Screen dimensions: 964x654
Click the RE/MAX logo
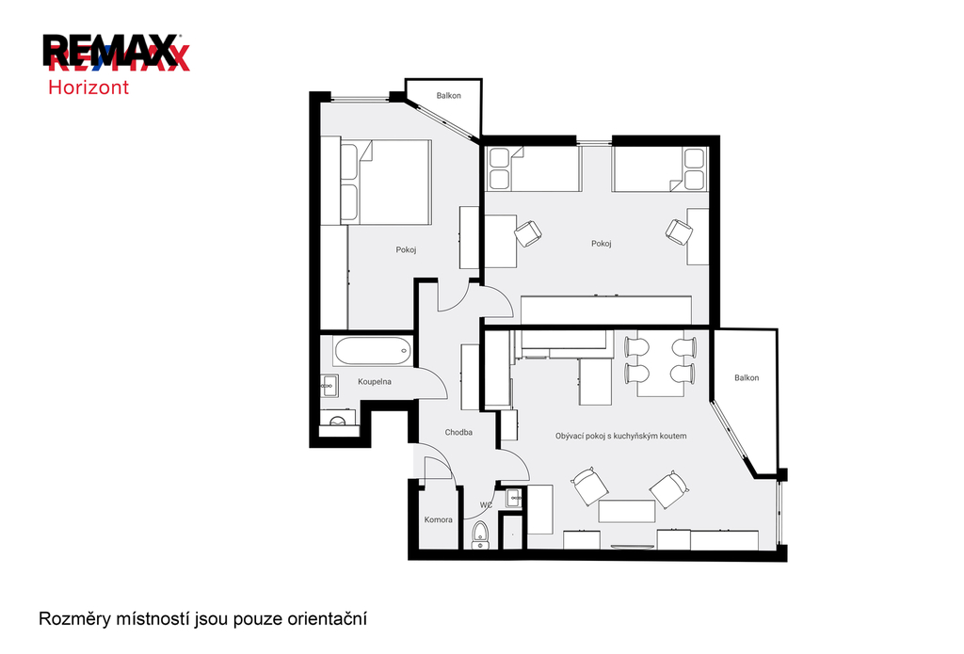[x=116, y=52]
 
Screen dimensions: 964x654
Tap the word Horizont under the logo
[x=88, y=88]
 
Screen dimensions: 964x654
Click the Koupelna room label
[x=375, y=382]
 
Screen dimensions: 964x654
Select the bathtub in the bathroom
[x=373, y=352]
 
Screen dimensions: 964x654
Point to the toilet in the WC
[x=479, y=534]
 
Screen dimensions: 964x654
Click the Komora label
[x=439, y=520]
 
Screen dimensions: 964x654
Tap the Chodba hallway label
[x=458, y=433]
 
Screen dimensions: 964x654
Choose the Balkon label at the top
[x=449, y=96]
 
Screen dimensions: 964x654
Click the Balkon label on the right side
[x=747, y=378]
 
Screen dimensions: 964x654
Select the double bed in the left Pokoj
[x=385, y=182]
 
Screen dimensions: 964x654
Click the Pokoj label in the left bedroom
[x=406, y=250]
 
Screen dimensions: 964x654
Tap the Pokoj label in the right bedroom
[x=602, y=244]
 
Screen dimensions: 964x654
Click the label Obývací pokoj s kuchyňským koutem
[x=621, y=436]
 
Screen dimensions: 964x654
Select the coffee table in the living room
[x=626, y=511]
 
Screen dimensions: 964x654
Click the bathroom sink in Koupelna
[x=329, y=386]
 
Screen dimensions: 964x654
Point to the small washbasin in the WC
[x=513, y=498]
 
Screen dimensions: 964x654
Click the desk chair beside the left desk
[x=528, y=233]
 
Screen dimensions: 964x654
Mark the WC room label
[x=486, y=505]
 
